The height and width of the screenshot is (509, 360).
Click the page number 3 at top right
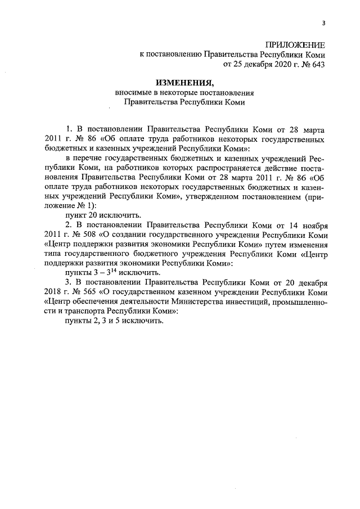tap(323, 23)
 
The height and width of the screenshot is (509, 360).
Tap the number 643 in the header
tap(317, 65)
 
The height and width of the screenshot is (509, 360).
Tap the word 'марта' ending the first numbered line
tap(313, 129)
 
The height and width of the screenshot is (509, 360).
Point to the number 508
tap(81, 235)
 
